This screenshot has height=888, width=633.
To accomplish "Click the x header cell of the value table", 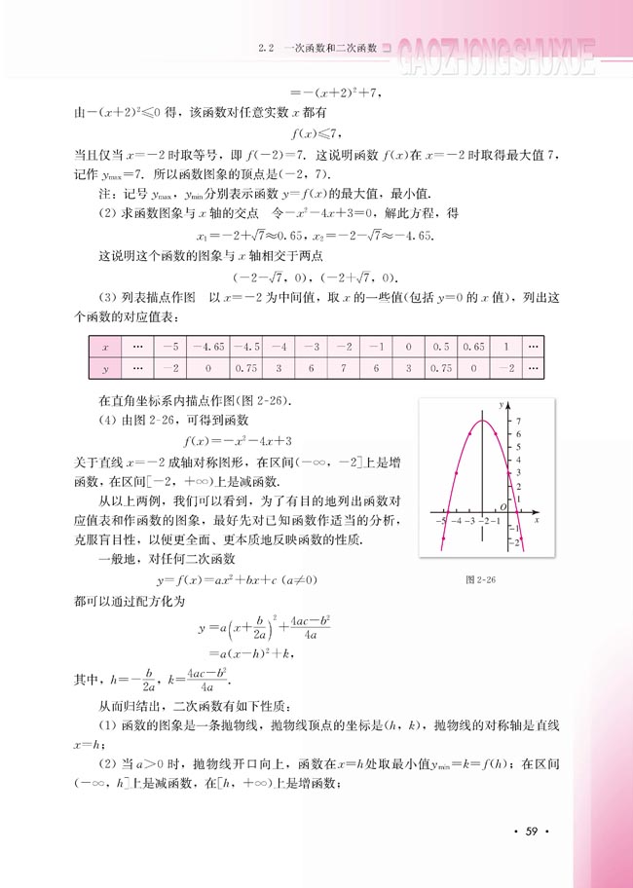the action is [105, 346].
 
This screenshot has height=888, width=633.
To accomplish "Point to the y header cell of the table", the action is [105, 368].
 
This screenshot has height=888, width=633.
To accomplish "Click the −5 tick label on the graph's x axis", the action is [444, 522].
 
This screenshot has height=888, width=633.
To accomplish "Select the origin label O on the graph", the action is [503, 506].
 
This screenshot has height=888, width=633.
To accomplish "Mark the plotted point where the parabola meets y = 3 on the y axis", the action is [496, 472].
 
